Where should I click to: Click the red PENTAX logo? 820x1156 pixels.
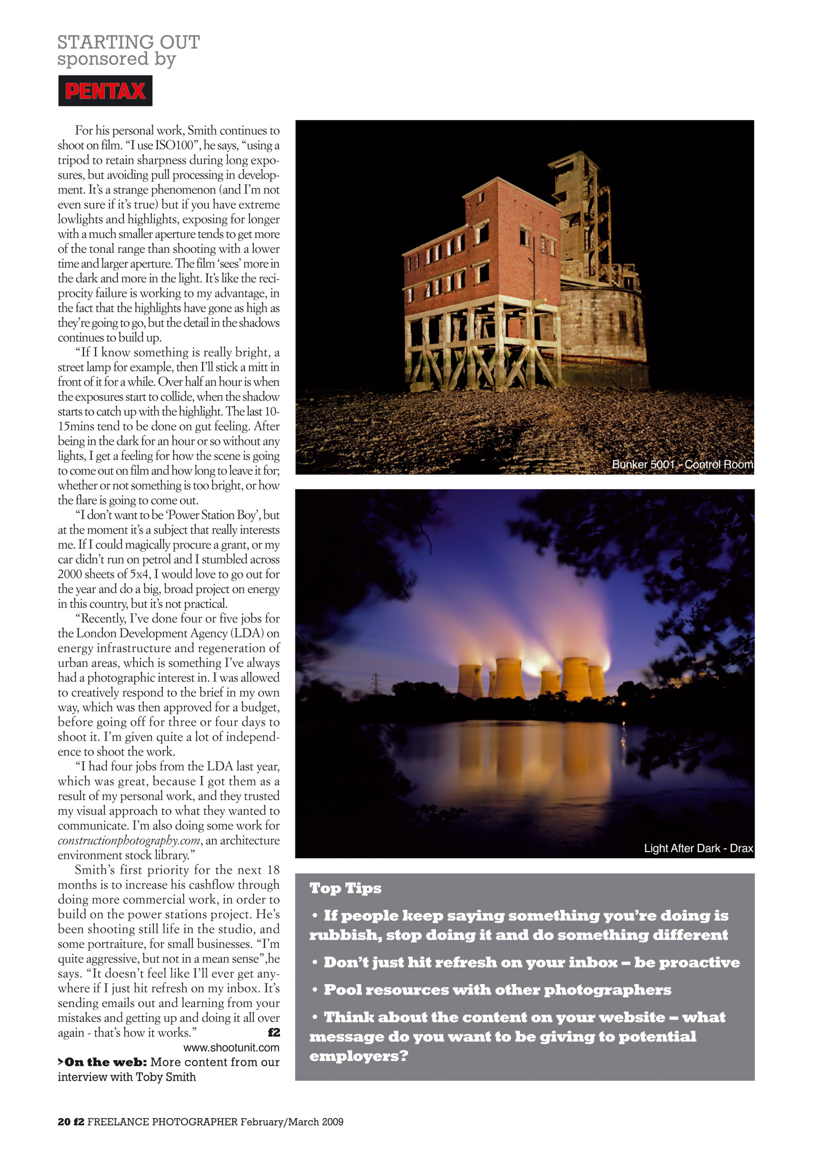[x=105, y=91]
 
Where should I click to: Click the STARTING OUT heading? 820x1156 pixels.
[x=128, y=42]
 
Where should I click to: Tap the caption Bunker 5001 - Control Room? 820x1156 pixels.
[x=682, y=464]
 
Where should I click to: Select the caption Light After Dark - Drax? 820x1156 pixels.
[x=698, y=848]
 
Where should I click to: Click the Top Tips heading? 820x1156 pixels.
[x=345, y=888]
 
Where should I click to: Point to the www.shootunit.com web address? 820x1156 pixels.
[x=232, y=1048]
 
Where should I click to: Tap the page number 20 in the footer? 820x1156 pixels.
[x=63, y=1121]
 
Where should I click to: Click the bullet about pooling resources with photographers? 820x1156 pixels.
[x=497, y=990]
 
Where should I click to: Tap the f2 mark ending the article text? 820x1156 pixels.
[x=274, y=1033]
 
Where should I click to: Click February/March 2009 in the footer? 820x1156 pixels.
[x=292, y=1121]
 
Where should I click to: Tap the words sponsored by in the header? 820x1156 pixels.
[x=117, y=59]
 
